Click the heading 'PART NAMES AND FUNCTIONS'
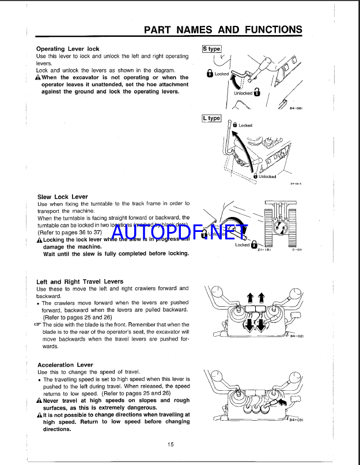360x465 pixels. pyautogui.click(x=222, y=30)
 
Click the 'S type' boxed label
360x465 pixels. pyautogui.click(x=211, y=49)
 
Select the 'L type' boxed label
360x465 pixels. pyautogui.click(x=211, y=118)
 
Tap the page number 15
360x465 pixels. pyautogui.click(x=170, y=444)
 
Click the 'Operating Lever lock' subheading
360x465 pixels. pyautogui.click(x=67, y=49)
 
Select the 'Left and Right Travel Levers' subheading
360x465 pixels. pyautogui.click(x=79, y=281)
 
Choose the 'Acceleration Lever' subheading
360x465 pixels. pyautogui.click(x=65, y=365)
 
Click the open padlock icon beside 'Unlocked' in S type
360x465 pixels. pyautogui.click(x=256, y=93)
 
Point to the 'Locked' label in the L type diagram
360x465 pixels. pyautogui.click(x=245, y=125)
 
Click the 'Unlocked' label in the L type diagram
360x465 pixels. pyautogui.click(x=267, y=177)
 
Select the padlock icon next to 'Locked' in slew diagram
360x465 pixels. pyautogui.click(x=254, y=245)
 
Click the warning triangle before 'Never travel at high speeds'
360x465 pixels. pyautogui.click(x=39, y=401)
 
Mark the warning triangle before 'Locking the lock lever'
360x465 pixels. pyautogui.click(x=39, y=239)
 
